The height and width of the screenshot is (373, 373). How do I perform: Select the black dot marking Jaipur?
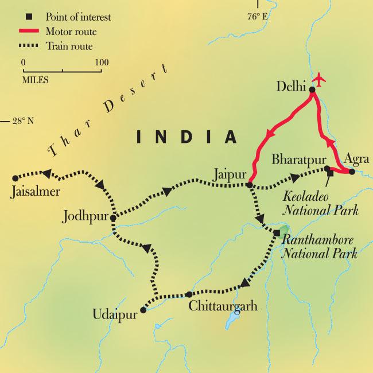pyautogui.click(x=249, y=185)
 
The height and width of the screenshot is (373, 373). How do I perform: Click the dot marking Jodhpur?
pyautogui.click(x=113, y=218)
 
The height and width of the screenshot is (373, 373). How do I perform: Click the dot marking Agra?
pyautogui.click(x=351, y=171)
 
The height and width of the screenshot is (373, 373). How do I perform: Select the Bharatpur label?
pyautogui.click(x=300, y=158)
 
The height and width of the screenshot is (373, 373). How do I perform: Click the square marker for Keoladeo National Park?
pyautogui.click(x=331, y=174)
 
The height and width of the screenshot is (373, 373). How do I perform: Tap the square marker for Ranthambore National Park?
pyautogui.click(x=277, y=232)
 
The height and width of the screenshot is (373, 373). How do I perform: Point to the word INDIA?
pyautogui.click(x=186, y=137)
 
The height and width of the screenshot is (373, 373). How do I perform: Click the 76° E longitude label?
pyautogui.click(x=258, y=17)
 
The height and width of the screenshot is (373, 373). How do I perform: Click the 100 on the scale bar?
pyautogui.click(x=101, y=62)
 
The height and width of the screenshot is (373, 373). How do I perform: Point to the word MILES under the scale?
pyautogui.click(x=36, y=80)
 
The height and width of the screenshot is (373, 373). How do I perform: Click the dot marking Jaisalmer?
pyautogui.click(x=15, y=178)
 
